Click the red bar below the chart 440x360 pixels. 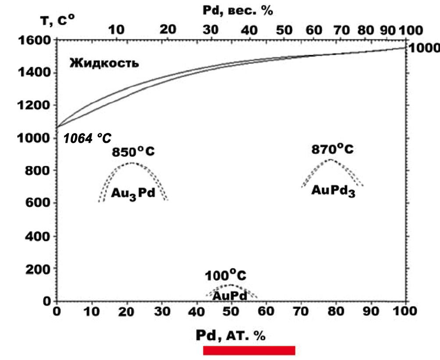(249, 350)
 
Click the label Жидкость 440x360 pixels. (104, 63)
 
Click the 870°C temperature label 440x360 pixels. (332, 149)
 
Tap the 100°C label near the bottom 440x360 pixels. (225, 276)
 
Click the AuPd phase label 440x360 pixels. (230, 296)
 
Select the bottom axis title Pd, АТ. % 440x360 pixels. (231, 335)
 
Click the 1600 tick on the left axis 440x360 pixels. (35, 40)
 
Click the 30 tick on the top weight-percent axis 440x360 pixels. (212, 30)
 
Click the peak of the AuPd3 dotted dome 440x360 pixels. (331, 160)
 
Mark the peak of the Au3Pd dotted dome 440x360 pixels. (131, 163)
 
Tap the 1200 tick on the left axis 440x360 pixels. (35, 106)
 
